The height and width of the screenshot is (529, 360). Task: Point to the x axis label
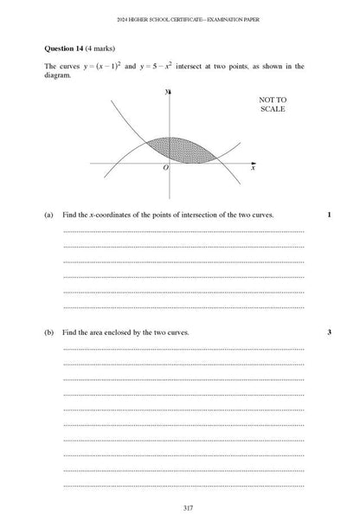coord(253,169)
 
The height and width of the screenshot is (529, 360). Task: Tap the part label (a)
coord(48,214)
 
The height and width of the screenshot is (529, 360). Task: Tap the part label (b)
coord(48,332)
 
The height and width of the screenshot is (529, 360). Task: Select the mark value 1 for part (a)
coord(329,214)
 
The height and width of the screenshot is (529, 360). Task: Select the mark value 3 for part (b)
coord(329,332)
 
